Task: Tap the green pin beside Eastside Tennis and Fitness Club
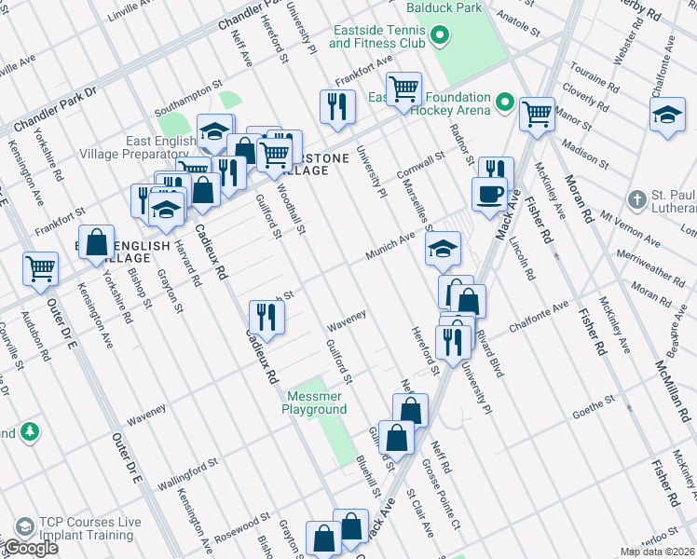click(x=442, y=37)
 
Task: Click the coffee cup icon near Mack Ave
click(x=489, y=193)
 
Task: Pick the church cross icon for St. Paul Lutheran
click(x=637, y=198)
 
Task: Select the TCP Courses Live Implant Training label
click(x=89, y=528)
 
